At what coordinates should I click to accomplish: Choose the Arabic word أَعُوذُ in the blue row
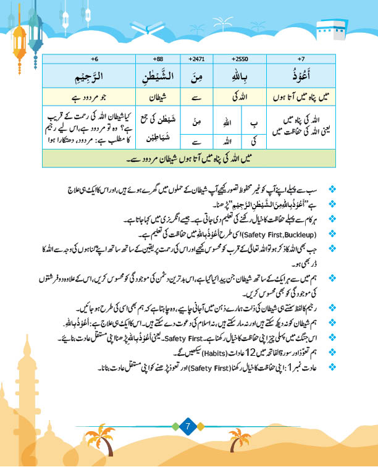[x=301, y=77]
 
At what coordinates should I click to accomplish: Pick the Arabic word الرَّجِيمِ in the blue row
[x=94, y=77]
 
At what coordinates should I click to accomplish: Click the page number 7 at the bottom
[x=189, y=426]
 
